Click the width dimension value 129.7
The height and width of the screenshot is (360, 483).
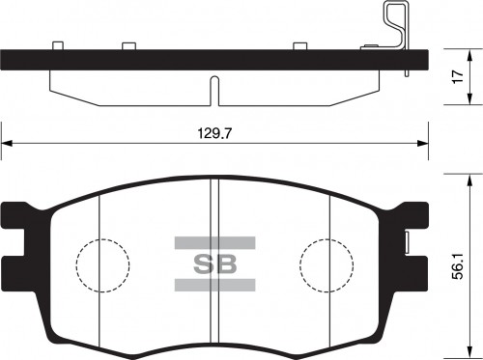tap(213, 135)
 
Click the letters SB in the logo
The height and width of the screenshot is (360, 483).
tap(213, 263)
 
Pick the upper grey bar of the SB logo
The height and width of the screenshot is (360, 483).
tap(214, 241)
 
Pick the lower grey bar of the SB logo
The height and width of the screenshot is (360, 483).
tap(214, 285)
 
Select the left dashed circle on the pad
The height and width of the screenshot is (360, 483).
tap(102, 263)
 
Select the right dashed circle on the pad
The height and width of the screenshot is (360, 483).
tap(327, 263)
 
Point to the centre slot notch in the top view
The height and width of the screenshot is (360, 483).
tap(213, 93)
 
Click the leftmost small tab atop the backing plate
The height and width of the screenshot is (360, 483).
tap(58, 44)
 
